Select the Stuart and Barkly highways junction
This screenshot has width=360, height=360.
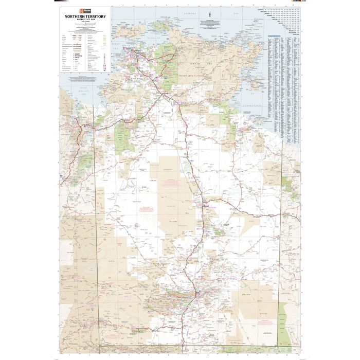[204, 206]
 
